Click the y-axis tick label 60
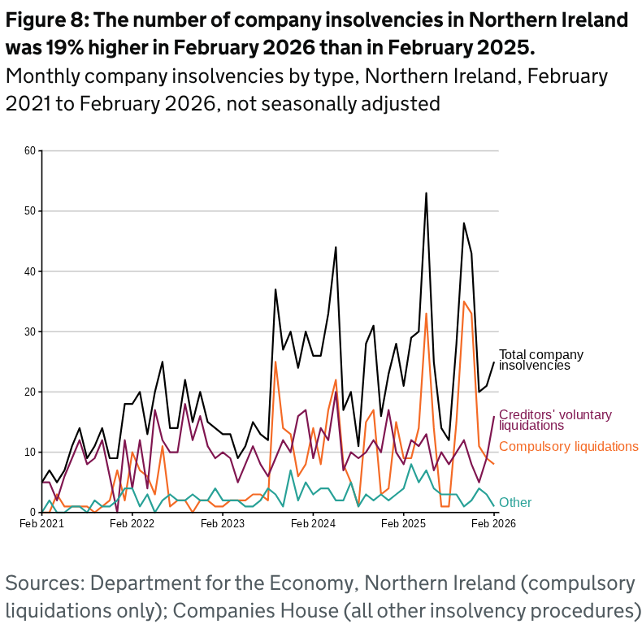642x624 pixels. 30,150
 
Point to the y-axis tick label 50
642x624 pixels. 30,211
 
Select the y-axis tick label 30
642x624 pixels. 30,331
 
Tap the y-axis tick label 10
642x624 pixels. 30,452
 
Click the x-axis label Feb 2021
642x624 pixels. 41,525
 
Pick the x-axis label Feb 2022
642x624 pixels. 132,525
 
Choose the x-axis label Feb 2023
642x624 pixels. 222,525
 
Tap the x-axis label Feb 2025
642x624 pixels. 403,525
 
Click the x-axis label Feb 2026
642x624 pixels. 493,525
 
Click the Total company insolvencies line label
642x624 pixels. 540,360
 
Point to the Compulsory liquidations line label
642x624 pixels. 568,446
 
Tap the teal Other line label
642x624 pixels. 515,502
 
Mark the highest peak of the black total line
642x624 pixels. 426,193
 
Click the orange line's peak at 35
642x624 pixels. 463,301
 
